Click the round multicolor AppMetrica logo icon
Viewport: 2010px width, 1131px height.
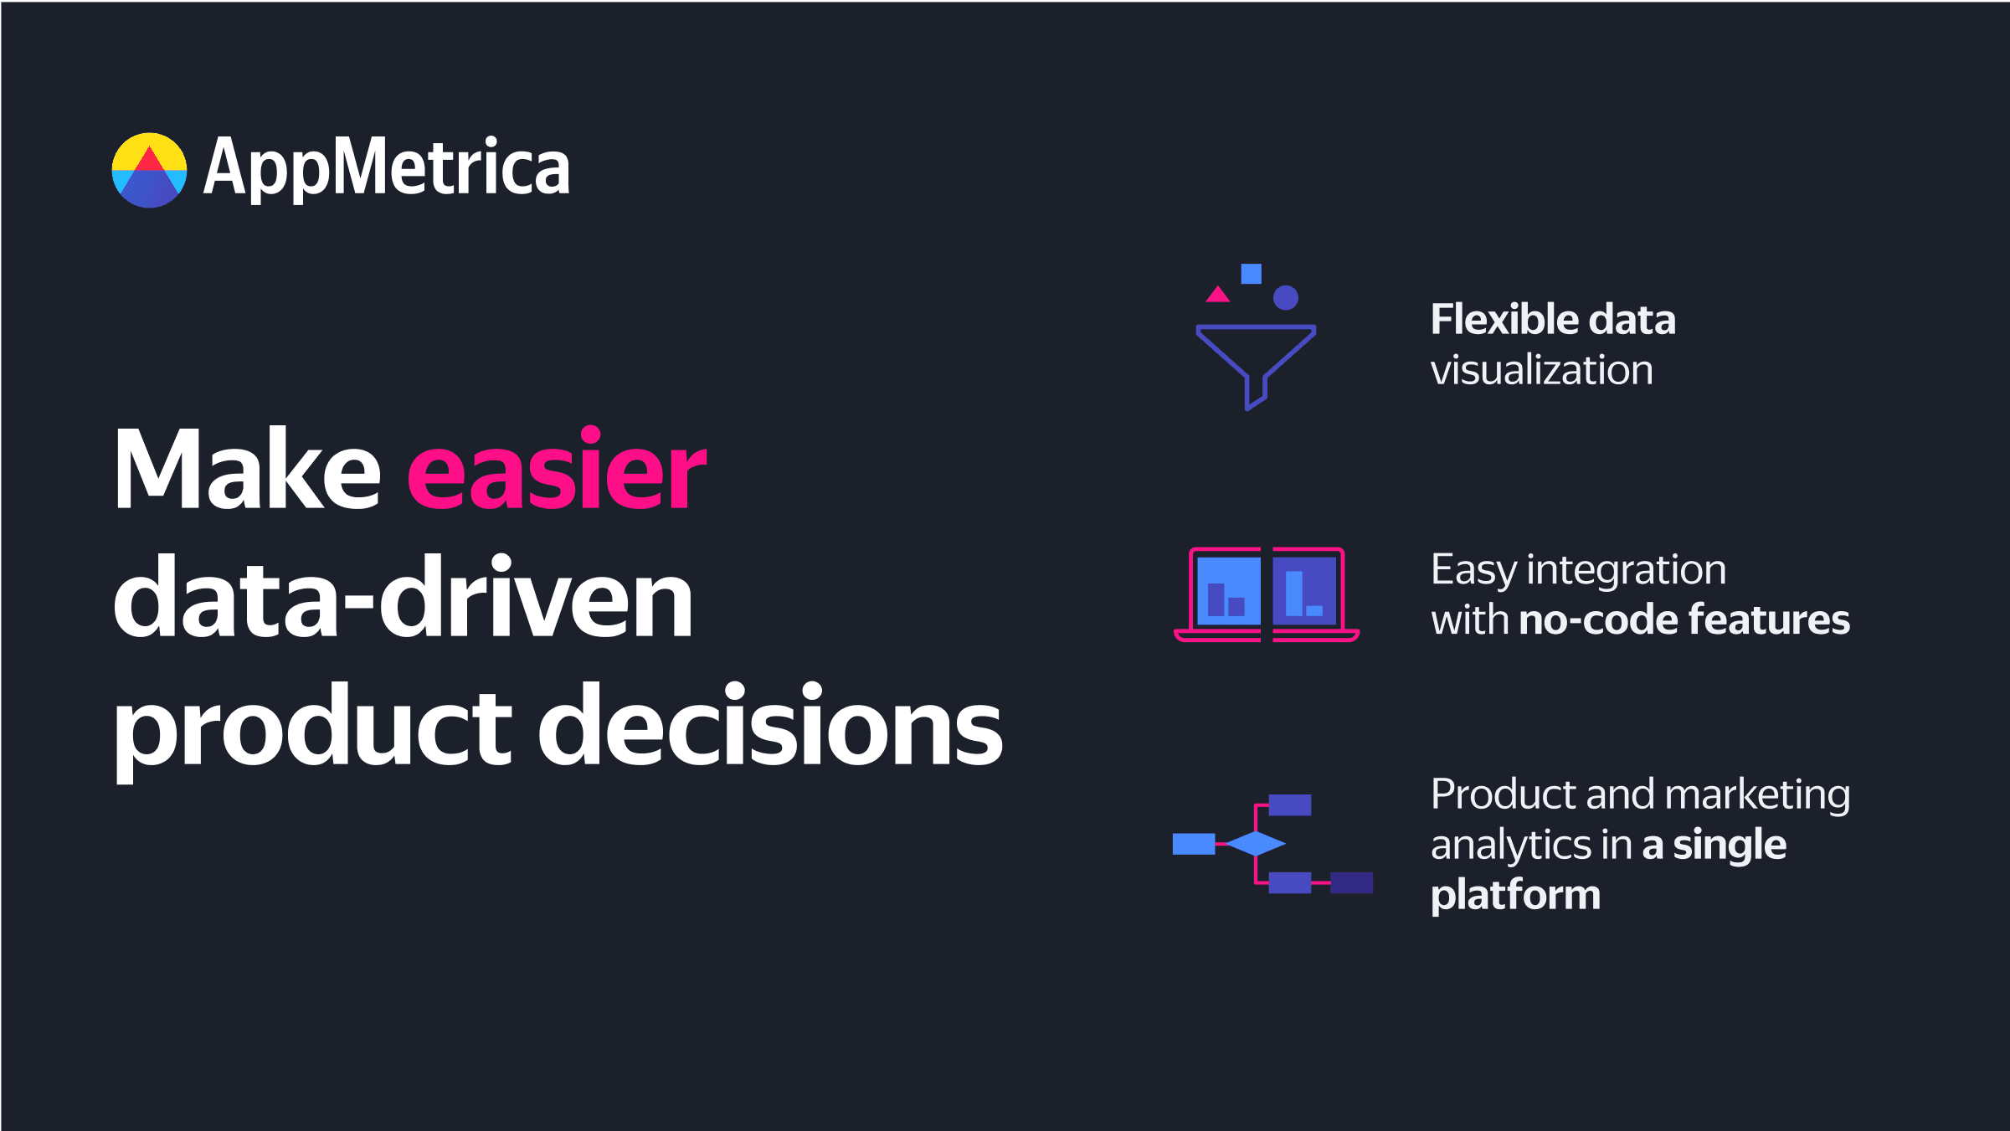coord(149,170)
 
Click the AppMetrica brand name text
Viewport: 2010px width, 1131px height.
coord(387,168)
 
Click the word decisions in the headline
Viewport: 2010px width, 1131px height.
coord(769,726)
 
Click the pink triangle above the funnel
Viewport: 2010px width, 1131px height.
coord(1217,295)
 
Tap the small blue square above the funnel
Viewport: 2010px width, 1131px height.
coord(1251,274)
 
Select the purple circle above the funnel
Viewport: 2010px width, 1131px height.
coord(1285,297)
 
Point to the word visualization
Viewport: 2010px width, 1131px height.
coord(1541,370)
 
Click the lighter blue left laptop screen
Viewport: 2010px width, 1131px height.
coord(1228,590)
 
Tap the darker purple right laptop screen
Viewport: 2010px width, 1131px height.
coord(1303,590)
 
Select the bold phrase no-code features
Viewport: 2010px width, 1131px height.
coord(1684,620)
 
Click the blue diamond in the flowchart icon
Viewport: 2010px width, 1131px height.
coord(1255,843)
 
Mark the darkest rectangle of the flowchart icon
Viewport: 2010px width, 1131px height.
coord(1351,882)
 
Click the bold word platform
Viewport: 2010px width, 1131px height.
coord(1515,896)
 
